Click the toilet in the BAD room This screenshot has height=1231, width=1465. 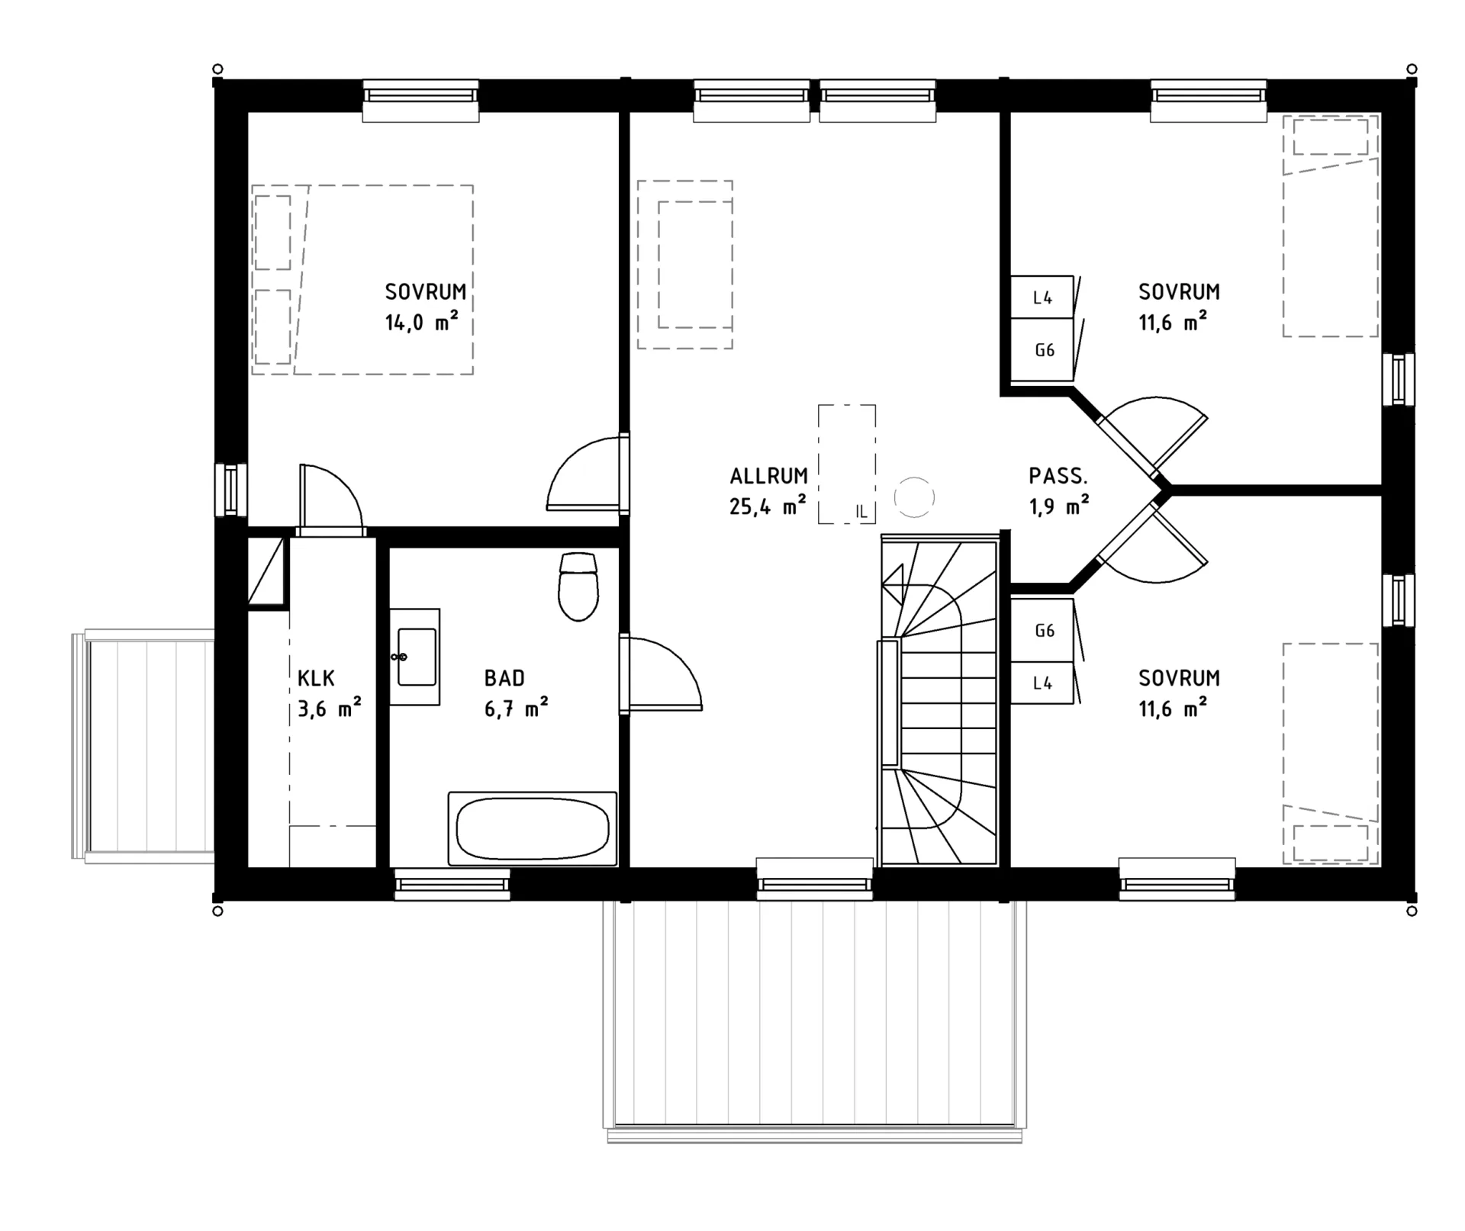tap(578, 587)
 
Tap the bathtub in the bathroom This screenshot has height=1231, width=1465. tap(532, 828)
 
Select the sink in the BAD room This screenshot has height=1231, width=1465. tap(414, 657)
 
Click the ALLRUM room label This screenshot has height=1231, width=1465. tap(768, 476)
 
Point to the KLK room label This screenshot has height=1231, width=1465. tap(316, 678)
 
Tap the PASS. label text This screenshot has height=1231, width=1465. tap(1058, 476)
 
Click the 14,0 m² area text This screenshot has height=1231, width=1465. tap(421, 322)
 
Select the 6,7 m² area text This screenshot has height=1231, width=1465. tap(516, 708)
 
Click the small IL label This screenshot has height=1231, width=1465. tap(861, 512)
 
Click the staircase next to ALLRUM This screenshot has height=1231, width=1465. tap(939, 700)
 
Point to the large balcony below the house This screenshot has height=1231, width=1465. tap(814, 1020)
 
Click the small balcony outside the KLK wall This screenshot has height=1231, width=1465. tap(143, 746)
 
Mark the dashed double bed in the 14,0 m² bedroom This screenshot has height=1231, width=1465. tap(362, 279)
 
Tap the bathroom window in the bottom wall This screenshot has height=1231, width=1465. tap(452, 884)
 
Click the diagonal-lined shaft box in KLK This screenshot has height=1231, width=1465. tap(267, 571)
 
